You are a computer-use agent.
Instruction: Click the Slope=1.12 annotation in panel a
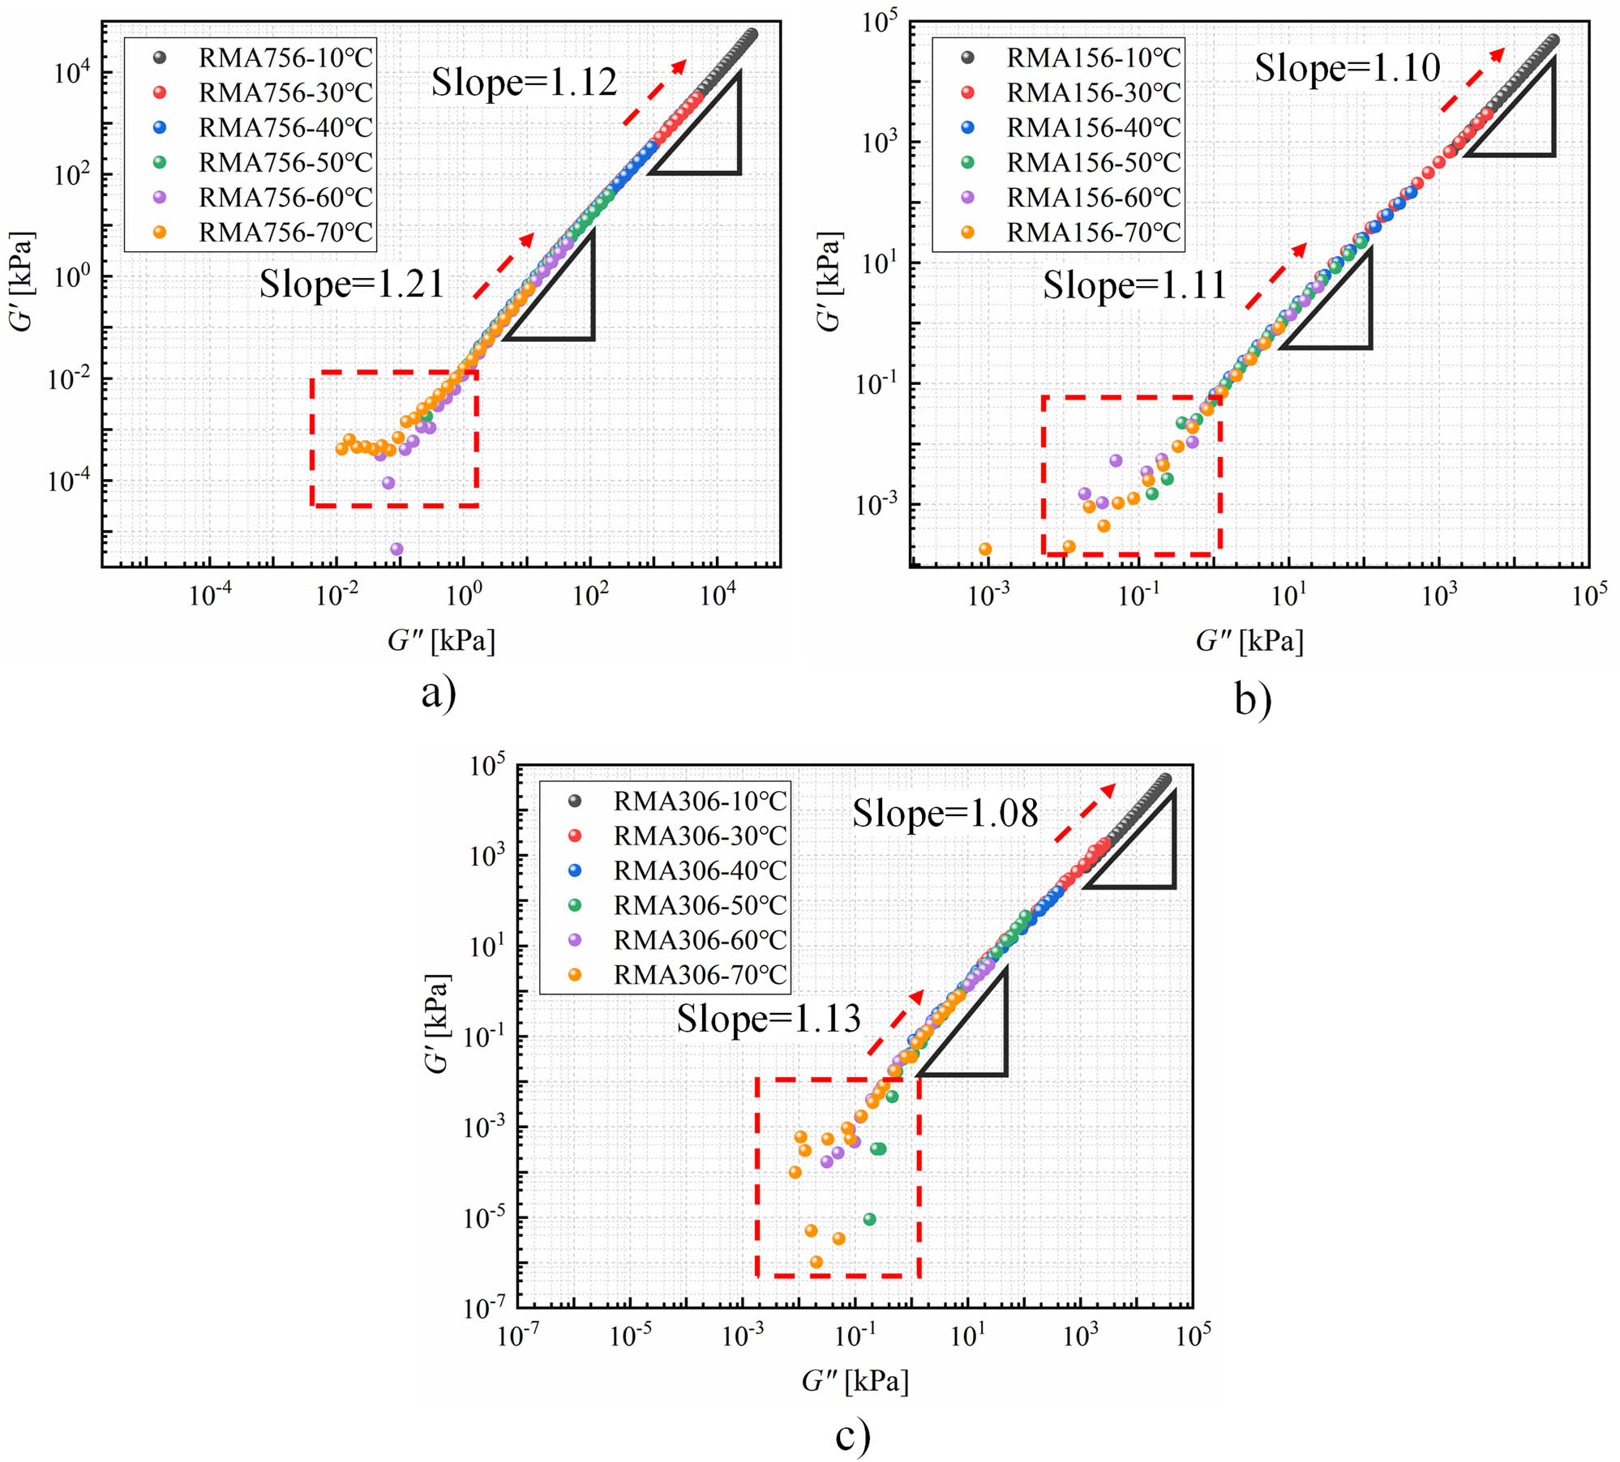(x=524, y=82)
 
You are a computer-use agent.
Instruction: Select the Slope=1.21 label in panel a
(x=352, y=284)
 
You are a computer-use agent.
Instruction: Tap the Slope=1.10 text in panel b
(x=1347, y=68)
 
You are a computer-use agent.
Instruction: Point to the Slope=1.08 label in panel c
(x=945, y=813)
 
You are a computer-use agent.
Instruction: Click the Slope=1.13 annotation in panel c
(x=768, y=1019)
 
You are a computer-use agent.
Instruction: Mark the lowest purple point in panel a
(x=396, y=549)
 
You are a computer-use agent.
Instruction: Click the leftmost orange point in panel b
(x=985, y=549)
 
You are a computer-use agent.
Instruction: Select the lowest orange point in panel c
(x=816, y=1262)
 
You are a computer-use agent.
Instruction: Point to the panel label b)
(x=1253, y=699)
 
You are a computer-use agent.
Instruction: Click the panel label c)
(x=853, y=1434)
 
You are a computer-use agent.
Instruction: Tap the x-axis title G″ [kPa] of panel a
(x=441, y=641)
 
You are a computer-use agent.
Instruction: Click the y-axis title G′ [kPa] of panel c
(x=438, y=1024)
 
